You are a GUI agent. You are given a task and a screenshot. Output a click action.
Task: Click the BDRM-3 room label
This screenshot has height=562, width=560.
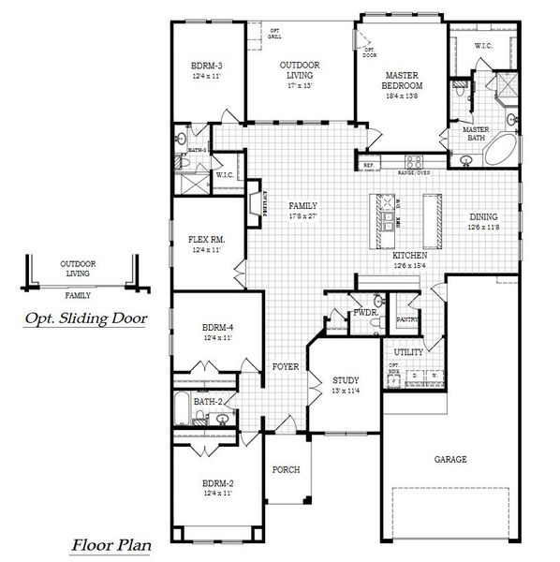coord(206,65)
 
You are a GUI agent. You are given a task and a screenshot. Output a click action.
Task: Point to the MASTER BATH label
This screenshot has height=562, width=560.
coord(476,134)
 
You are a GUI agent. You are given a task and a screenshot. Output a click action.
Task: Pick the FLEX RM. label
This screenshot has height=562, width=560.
coord(206,240)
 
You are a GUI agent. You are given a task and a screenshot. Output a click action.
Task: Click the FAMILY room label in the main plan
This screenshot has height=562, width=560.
coord(302,206)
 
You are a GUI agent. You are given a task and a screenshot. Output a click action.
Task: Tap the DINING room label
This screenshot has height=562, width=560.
coord(485,217)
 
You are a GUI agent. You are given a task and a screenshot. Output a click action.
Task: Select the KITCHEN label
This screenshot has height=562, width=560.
coord(410,255)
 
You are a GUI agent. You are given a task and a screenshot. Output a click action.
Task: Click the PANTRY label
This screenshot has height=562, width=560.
coord(406,319)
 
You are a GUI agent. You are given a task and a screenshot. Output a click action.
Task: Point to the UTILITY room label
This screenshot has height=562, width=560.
coord(408,351)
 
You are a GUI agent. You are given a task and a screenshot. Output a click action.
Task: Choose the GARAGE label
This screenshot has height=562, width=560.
coord(450,459)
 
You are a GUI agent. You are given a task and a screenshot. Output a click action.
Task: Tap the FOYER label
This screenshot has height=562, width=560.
coord(285,366)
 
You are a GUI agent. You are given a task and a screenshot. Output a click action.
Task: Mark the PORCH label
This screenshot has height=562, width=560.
coord(285,468)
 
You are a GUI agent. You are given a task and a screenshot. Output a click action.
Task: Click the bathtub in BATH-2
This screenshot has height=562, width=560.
coord(183,408)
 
